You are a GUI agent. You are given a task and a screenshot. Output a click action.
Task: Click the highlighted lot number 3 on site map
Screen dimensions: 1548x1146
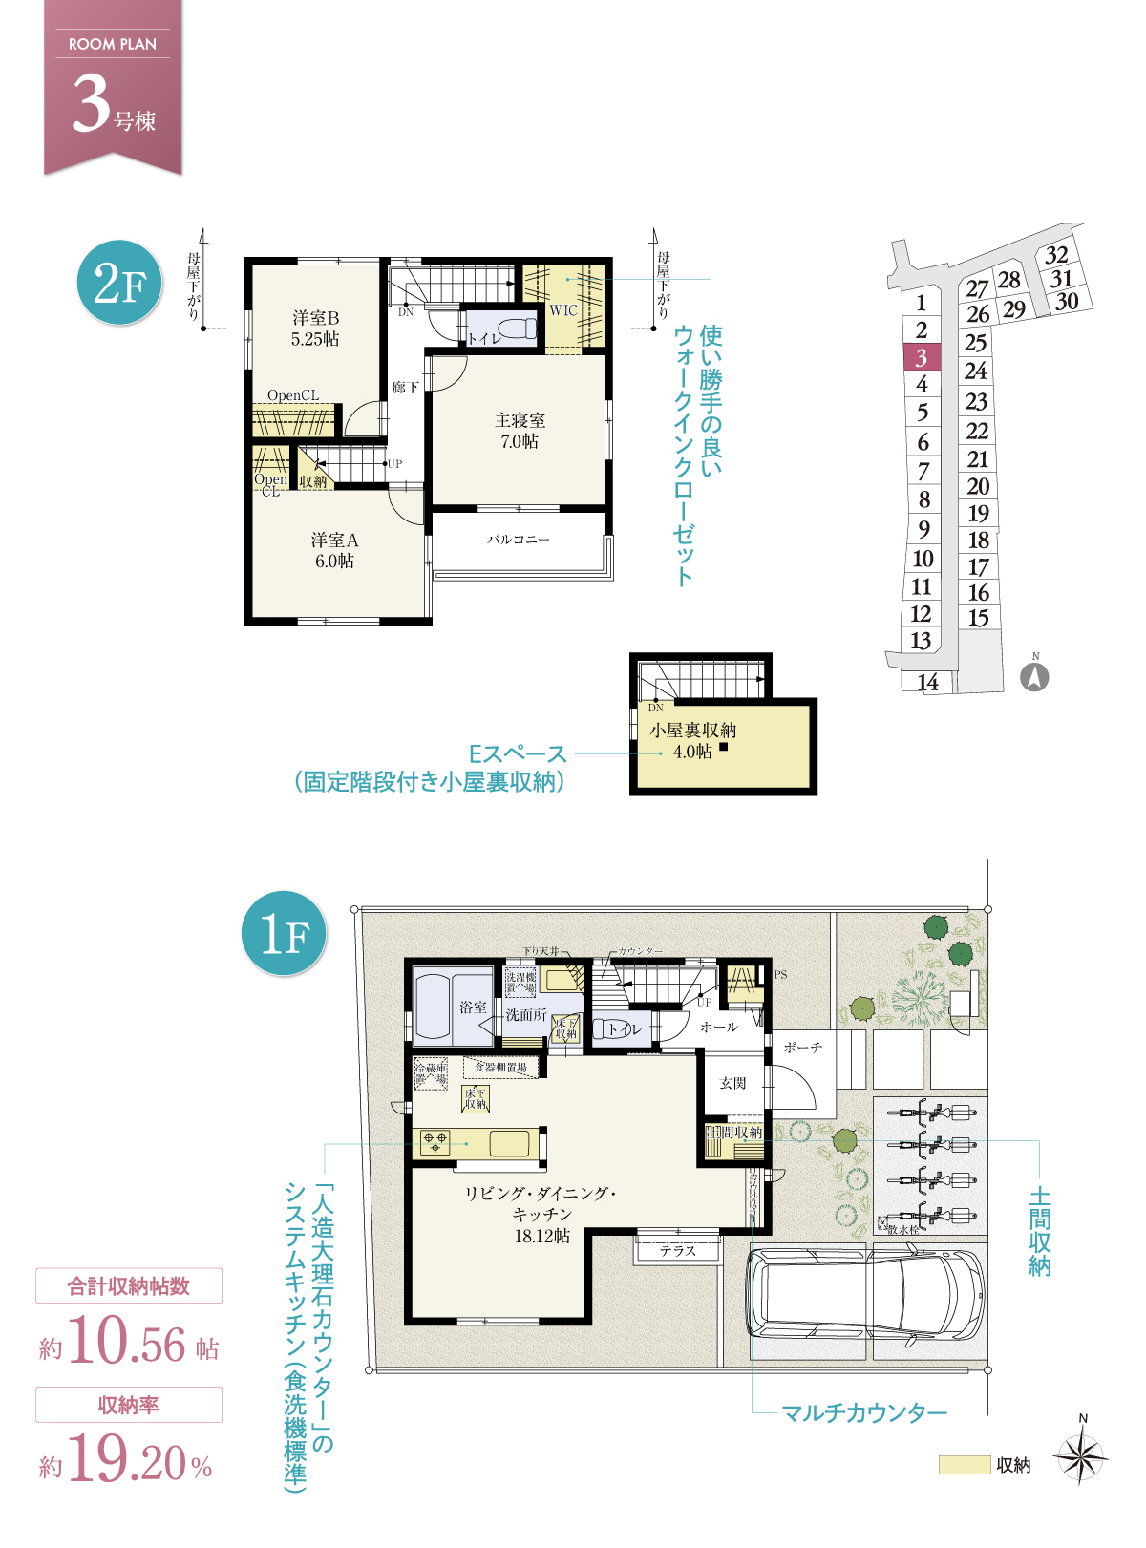tap(922, 358)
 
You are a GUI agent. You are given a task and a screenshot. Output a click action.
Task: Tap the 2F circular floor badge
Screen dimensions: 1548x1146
tap(119, 283)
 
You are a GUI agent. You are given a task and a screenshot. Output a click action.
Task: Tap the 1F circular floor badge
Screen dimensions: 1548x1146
tap(285, 933)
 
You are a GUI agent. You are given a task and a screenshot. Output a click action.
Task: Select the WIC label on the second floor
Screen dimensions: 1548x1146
tap(563, 310)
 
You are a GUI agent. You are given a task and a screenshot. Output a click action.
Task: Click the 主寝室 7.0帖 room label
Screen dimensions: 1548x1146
tap(520, 431)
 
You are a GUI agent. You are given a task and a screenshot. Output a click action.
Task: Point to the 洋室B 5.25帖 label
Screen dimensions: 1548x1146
tap(315, 328)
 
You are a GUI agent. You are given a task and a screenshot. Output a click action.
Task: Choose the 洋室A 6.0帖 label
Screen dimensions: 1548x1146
tap(334, 551)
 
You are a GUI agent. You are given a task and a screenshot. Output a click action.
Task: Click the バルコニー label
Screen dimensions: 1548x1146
tap(519, 540)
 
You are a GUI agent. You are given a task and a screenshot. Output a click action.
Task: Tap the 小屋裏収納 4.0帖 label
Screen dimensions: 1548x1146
tap(692, 740)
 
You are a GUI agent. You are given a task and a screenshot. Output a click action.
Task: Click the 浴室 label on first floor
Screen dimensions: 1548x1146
tap(473, 1007)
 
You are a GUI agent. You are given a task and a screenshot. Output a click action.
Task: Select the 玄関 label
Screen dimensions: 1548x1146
tap(732, 1083)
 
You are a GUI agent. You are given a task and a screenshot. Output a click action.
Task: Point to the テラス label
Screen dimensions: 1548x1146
tap(678, 1250)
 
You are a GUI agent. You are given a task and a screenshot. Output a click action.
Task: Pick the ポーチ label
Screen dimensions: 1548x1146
tap(802, 1048)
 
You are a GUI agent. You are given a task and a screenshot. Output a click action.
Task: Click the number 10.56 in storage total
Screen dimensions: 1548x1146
tap(128, 1343)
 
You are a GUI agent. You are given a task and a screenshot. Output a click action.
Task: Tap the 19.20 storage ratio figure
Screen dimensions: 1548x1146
tap(128, 1461)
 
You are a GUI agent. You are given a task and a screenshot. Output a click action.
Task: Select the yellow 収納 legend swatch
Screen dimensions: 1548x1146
tap(964, 1465)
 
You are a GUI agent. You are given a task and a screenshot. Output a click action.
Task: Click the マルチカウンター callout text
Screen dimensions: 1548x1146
tap(864, 1412)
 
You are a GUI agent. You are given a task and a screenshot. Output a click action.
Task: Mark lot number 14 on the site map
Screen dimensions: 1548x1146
tap(927, 682)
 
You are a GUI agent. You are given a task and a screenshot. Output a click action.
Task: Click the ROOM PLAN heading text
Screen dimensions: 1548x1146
tap(113, 44)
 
